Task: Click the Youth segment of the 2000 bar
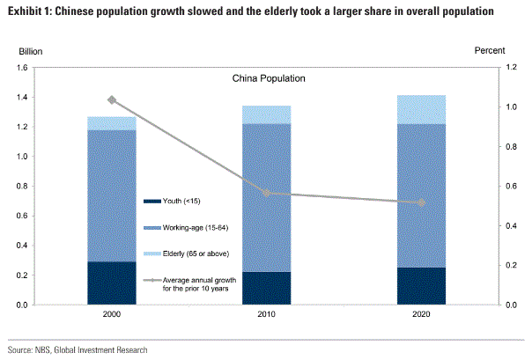click(112, 283)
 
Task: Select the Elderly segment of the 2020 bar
click(421, 109)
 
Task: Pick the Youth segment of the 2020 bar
click(421, 286)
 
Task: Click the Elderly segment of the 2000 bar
click(112, 123)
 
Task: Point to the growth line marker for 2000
click(112, 100)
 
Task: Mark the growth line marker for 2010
click(267, 194)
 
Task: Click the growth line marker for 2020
click(421, 202)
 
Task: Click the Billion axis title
click(31, 51)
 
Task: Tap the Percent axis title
click(490, 51)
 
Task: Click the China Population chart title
click(269, 78)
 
